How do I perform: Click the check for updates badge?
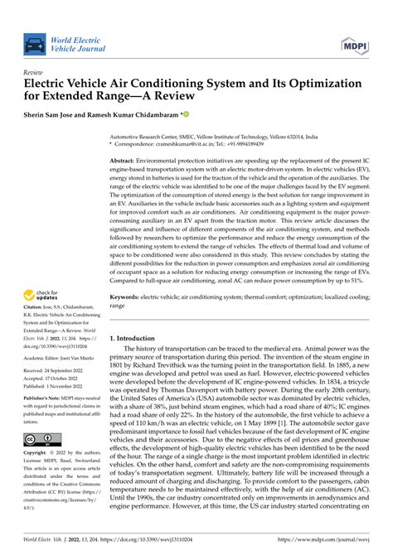pos(39,294)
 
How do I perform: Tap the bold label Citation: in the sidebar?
pos(33,307)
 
